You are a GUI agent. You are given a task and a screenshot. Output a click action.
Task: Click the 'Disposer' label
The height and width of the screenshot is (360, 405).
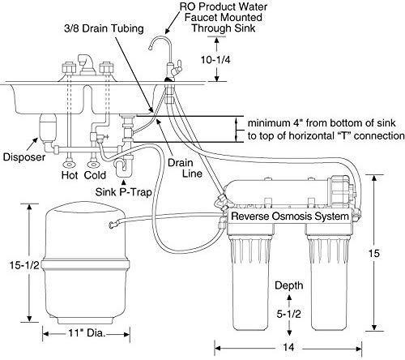(24, 156)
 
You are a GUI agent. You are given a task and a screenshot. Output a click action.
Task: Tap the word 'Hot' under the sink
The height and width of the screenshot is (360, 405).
(70, 175)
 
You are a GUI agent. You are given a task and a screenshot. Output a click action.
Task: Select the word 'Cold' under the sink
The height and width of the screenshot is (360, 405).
(95, 175)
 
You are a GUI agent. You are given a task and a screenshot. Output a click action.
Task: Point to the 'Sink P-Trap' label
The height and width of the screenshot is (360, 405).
(123, 192)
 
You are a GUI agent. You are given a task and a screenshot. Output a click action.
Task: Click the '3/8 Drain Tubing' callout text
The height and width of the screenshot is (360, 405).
(104, 28)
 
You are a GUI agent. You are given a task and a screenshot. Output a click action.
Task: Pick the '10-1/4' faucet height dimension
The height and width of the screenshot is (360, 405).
(215, 60)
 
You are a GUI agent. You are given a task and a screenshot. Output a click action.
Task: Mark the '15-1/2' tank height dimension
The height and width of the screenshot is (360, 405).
(24, 265)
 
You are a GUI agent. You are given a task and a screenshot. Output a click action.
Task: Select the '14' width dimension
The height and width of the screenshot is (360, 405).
(288, 347)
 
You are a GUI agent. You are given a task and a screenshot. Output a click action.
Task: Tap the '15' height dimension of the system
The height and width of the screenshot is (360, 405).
(374, 253)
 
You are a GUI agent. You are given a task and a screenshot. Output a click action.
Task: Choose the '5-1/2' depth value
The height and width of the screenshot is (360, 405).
(288, 314)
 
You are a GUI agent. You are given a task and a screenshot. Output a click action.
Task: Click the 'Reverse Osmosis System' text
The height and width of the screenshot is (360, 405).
(290, 216)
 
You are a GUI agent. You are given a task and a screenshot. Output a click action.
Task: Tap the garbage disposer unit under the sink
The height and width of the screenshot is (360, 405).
(48, 127)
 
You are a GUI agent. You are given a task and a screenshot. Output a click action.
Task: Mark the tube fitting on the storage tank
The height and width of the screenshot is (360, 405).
(114, 224)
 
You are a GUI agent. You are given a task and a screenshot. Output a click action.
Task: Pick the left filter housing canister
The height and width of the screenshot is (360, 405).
(250, 281)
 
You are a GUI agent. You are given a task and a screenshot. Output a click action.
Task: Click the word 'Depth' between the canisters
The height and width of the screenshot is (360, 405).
(288, 285)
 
